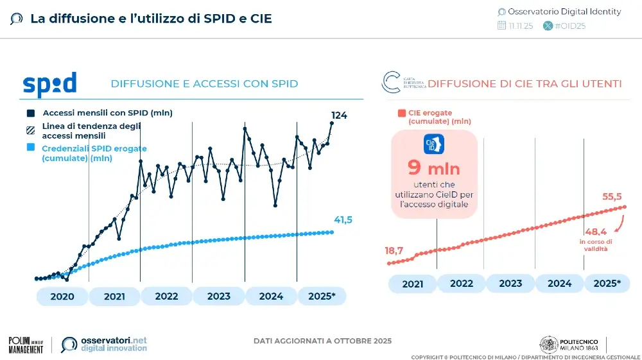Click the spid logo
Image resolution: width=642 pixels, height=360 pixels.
[49, 84]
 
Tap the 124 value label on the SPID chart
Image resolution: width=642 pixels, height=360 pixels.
[339, 116]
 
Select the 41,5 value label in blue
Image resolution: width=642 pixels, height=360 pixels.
[343, 220]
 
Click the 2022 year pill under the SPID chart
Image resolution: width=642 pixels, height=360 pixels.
[166, 296]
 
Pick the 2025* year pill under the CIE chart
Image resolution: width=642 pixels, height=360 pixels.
[607, 283]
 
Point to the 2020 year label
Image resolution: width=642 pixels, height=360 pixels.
[62, 296]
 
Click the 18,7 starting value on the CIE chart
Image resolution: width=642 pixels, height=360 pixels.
[394, 251]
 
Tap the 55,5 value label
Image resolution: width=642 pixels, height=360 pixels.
[612, 197]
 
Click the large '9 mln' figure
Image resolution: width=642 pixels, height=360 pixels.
[434, 167]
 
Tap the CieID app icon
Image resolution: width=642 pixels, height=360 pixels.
[434, 143]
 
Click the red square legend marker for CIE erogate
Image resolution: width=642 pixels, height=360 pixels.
[401, 114]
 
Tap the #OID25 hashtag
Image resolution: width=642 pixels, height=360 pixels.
[569, 26]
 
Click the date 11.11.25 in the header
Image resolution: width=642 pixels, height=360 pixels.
[520, 26]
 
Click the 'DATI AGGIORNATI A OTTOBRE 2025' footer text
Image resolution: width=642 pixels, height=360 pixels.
[322, 341]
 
